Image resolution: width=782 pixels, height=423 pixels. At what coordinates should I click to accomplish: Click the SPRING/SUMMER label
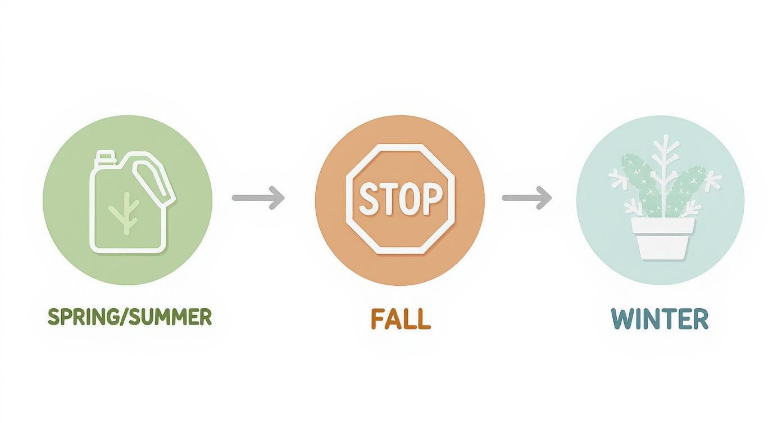[130, 317]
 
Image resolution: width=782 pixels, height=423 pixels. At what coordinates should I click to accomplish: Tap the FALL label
[401, 319]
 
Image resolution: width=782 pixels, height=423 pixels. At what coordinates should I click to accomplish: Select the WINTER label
[660, 319]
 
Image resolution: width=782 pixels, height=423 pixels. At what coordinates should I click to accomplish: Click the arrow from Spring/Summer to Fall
[258, 198]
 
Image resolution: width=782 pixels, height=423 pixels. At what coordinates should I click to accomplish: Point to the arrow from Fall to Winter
[527, 198]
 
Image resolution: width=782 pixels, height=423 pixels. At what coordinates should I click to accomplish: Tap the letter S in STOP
[369, 199]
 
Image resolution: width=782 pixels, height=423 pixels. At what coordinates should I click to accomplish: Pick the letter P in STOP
[432, 199]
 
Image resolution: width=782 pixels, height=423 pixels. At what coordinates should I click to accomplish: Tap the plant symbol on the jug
[126, 213]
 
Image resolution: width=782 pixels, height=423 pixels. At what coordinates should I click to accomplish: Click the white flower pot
[662, 238]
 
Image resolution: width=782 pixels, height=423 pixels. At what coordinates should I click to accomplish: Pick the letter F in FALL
[377, 319]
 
